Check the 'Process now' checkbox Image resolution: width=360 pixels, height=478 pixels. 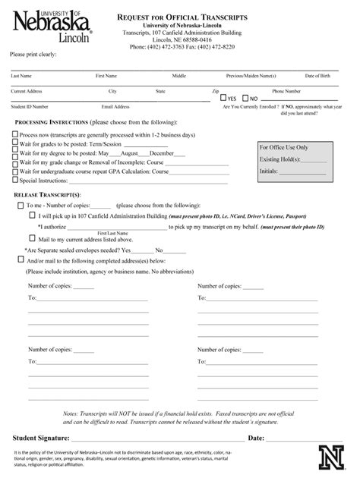(x=14, y=134)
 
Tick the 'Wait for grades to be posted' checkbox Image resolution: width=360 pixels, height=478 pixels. (x=14, y=143)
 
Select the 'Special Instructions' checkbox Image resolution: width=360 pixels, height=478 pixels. (x=14, y=181)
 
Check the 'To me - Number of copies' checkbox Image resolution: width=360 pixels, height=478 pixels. (x=20, y=205)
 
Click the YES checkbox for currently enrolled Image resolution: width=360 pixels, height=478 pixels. (x=223, y=98)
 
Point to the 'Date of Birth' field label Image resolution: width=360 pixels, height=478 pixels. (x=318, y=77)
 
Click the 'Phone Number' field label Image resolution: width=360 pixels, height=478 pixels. (x=287, y=91)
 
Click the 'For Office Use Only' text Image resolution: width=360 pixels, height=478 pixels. (x=283, y=147)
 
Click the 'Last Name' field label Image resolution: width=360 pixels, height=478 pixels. (x=21, y=77)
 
